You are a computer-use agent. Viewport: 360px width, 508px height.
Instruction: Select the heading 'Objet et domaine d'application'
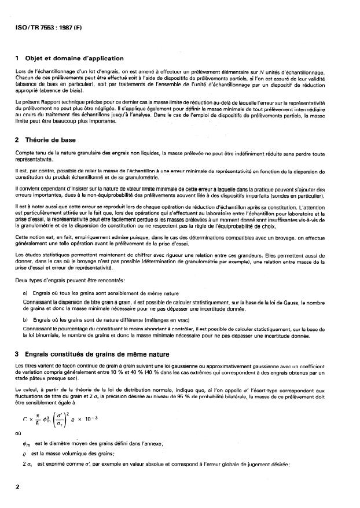tap(74, 58)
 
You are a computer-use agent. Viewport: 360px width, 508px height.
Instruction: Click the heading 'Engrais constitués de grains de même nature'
tap(101, 354)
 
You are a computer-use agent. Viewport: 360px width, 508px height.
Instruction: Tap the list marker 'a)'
tap(25, 295)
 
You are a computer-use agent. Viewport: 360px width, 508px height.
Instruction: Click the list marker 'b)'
tap(25, 319)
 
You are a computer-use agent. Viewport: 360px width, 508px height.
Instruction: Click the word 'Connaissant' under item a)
tap(35, 302)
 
